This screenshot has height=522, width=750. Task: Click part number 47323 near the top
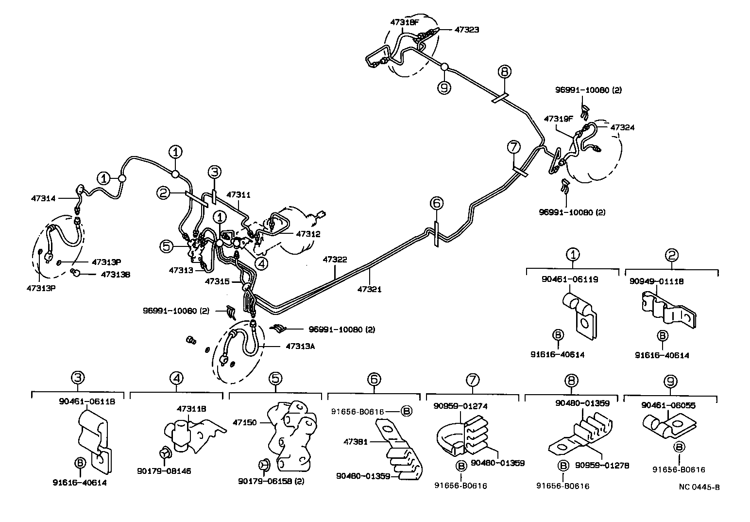tap(466, 30)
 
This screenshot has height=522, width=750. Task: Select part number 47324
tap(622, 127)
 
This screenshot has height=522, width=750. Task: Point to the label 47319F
tap(557, 119)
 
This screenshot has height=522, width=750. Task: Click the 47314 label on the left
tap(43, 198)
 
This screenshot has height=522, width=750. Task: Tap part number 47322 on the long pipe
tap(335, 260)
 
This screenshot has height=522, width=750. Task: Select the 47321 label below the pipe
tap(369, 289)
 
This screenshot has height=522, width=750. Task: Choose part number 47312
tap(308, 234)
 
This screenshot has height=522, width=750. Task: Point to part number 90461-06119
tap(569, 279)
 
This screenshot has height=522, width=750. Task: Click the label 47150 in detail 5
tap(244, 423)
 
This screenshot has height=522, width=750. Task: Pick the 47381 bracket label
tap(355, 442)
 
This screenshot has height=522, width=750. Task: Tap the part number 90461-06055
tap(668, 405)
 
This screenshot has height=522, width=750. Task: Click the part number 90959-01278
tap(602, 465)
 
